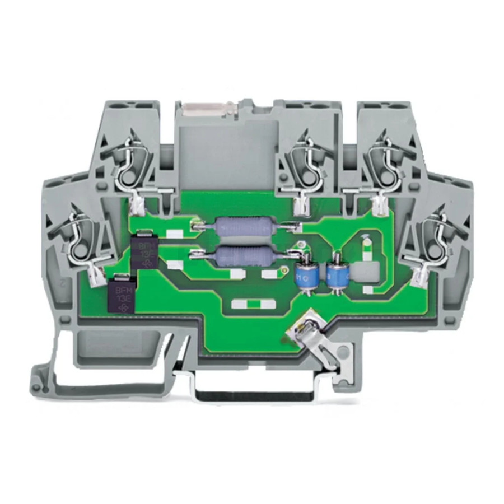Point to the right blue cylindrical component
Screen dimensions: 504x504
pyautogui.click(x=336, y=274)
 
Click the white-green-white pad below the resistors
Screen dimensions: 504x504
pyautogui.click(x=255, y=305)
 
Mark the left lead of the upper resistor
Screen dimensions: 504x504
pyautogui.click(x=198, y=226)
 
